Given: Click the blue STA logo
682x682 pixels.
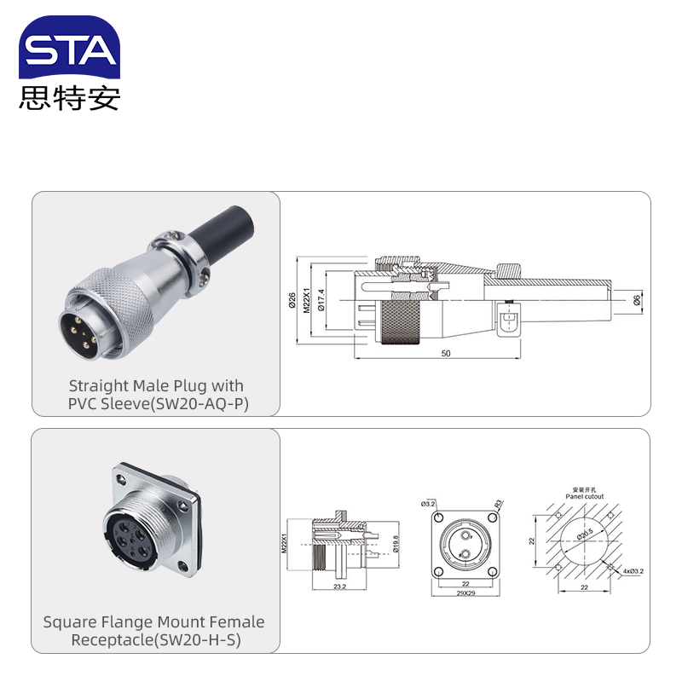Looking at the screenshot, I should coord(69,49).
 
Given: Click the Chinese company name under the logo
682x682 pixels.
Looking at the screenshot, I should coord(69,98).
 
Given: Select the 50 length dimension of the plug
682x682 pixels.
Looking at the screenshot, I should coord(446,353).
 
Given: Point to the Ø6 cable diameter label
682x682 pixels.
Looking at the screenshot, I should coord(638,300).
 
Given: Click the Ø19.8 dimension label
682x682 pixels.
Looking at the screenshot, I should coord(397,544).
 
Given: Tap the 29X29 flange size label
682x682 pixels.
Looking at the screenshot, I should coord(465,592).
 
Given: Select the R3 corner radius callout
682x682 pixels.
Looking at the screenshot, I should coord(498,504).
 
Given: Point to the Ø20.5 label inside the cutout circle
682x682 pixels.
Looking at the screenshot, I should coord(584,535).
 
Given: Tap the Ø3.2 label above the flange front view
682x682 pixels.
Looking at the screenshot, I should coord(428,504).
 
